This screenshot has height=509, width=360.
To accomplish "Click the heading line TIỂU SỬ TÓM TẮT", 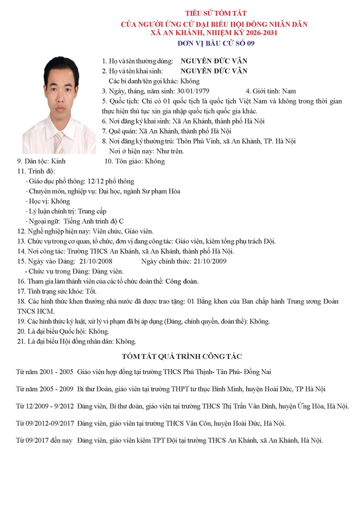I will pyautogui.click(x=212, y=14).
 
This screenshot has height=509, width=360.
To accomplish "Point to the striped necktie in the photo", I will pyautogui.click(x=58, y=142).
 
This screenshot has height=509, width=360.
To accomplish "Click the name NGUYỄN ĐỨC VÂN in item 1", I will pyautogui.click(x=214, y=61).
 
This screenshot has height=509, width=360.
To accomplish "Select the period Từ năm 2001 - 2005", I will pyautogui.click(x=44, y=372).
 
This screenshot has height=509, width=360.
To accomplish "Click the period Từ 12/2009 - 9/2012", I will pyautogui.click(x=44, y=406).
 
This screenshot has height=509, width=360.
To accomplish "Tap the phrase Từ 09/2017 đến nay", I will pyautogui.click(x=44, y=440).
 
